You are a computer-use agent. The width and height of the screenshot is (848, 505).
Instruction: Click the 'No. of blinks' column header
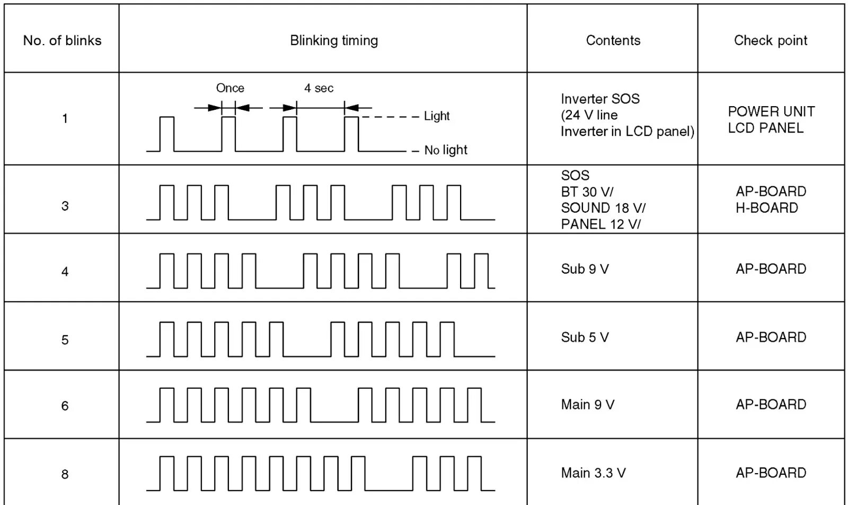tap(62, 40)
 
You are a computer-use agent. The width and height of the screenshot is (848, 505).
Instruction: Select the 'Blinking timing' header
tap(334, 40)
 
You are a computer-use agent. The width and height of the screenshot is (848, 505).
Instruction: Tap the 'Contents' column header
tap(613, 40)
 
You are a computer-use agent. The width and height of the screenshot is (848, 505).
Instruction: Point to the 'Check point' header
tap(770, 40)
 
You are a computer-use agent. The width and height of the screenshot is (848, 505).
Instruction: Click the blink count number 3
tap(65, 206)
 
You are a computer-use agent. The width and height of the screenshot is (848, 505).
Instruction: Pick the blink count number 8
tap(65, 474)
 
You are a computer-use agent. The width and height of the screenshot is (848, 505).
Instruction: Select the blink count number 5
tap(65, 340)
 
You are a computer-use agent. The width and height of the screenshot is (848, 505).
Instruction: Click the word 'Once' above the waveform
tap(230, 88)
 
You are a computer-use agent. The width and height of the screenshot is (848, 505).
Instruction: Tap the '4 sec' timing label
tap(319, 88)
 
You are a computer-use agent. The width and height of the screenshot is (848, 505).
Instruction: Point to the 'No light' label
tap(445, 150)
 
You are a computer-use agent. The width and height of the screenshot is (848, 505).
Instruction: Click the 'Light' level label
tap(436, 116)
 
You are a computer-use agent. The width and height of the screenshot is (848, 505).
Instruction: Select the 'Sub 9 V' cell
tap(585, 269)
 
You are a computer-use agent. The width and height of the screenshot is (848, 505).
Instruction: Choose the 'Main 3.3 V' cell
tap(593, 473)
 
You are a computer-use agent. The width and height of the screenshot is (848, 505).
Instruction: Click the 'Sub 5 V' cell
tap(585, 337)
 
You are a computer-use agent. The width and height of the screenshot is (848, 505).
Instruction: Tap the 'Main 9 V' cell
tap(587, 405)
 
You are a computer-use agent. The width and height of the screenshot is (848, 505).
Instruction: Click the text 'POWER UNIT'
tap(771, 111)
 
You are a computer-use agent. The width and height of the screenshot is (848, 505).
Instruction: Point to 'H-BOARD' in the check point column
tap(766, 208)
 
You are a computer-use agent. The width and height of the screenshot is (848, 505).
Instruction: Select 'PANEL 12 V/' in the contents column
tap(600, 224)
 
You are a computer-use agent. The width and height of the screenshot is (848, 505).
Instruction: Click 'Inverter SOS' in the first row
tap(600, 99)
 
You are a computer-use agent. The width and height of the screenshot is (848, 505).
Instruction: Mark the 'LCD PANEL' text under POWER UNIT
tap(765, 128)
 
